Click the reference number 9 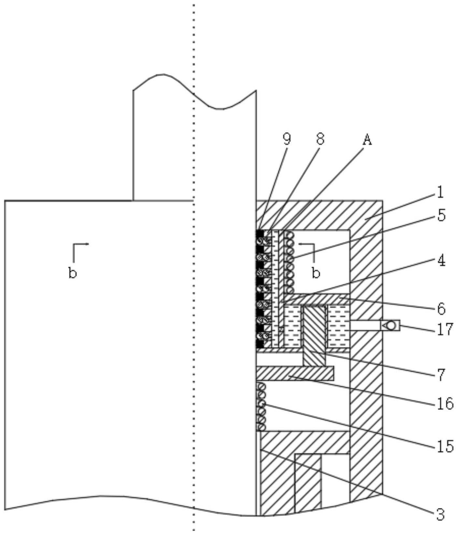[x=286, y=139]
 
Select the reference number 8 [x=320, y=139]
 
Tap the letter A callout [x=367, y=140]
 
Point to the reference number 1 [x=440, y=192]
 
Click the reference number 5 [x=441, y=215]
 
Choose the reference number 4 [x=441, y=260]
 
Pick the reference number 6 [x=441, y=308]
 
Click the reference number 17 [x=445, y=329]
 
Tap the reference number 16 [x=445, y=404]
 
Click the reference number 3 [x=440, y=515]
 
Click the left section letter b [x=72, y=273]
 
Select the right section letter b [x=316, y=273]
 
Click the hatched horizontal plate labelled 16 [x=295, y=373]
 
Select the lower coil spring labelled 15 [x=261, y=407]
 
